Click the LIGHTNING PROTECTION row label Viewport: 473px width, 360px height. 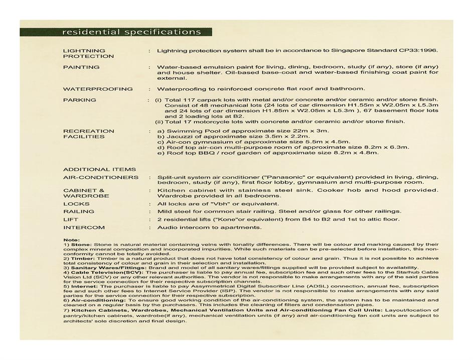tap(84, 53)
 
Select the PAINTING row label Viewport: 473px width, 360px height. tap(81, 67)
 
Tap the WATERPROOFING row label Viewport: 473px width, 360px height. tap(98, 89)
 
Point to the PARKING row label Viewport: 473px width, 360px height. tap(80, 100)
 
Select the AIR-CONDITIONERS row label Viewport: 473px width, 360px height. tap(101, 177)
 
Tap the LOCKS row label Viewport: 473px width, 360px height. tap(76, 204)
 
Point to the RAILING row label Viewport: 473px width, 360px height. tap(79, 211)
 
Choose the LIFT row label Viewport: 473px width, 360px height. tap(71, 219)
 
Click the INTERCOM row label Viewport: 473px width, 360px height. tap(84, 227)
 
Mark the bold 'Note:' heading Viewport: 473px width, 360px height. tap(72, 239)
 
